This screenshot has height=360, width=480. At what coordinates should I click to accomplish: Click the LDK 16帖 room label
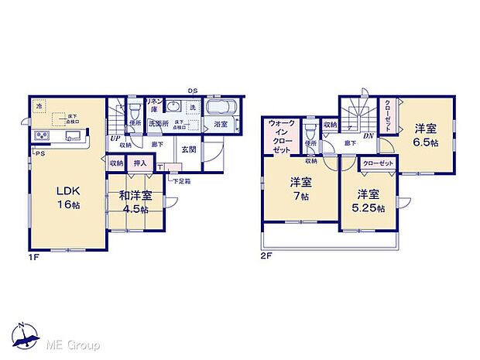(67, 197)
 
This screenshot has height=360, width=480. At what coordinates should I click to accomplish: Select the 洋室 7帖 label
(300, 189)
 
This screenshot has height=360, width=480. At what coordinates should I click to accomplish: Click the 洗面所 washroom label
(159, 123)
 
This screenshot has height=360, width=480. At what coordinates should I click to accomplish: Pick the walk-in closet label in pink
(281, 136)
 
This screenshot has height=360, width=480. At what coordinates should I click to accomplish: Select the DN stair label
(369, 136)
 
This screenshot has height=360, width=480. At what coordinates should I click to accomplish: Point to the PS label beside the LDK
(39, 154)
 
